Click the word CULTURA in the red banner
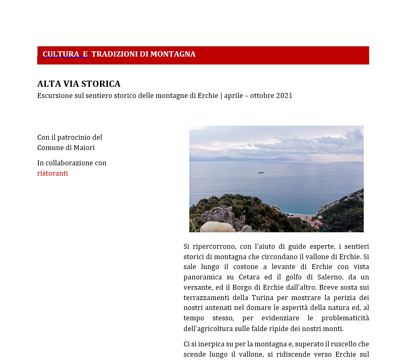click(61, 54)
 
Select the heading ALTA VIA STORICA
click(79, 84)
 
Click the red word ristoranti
click(52, 174)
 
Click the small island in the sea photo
click(261, 173)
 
